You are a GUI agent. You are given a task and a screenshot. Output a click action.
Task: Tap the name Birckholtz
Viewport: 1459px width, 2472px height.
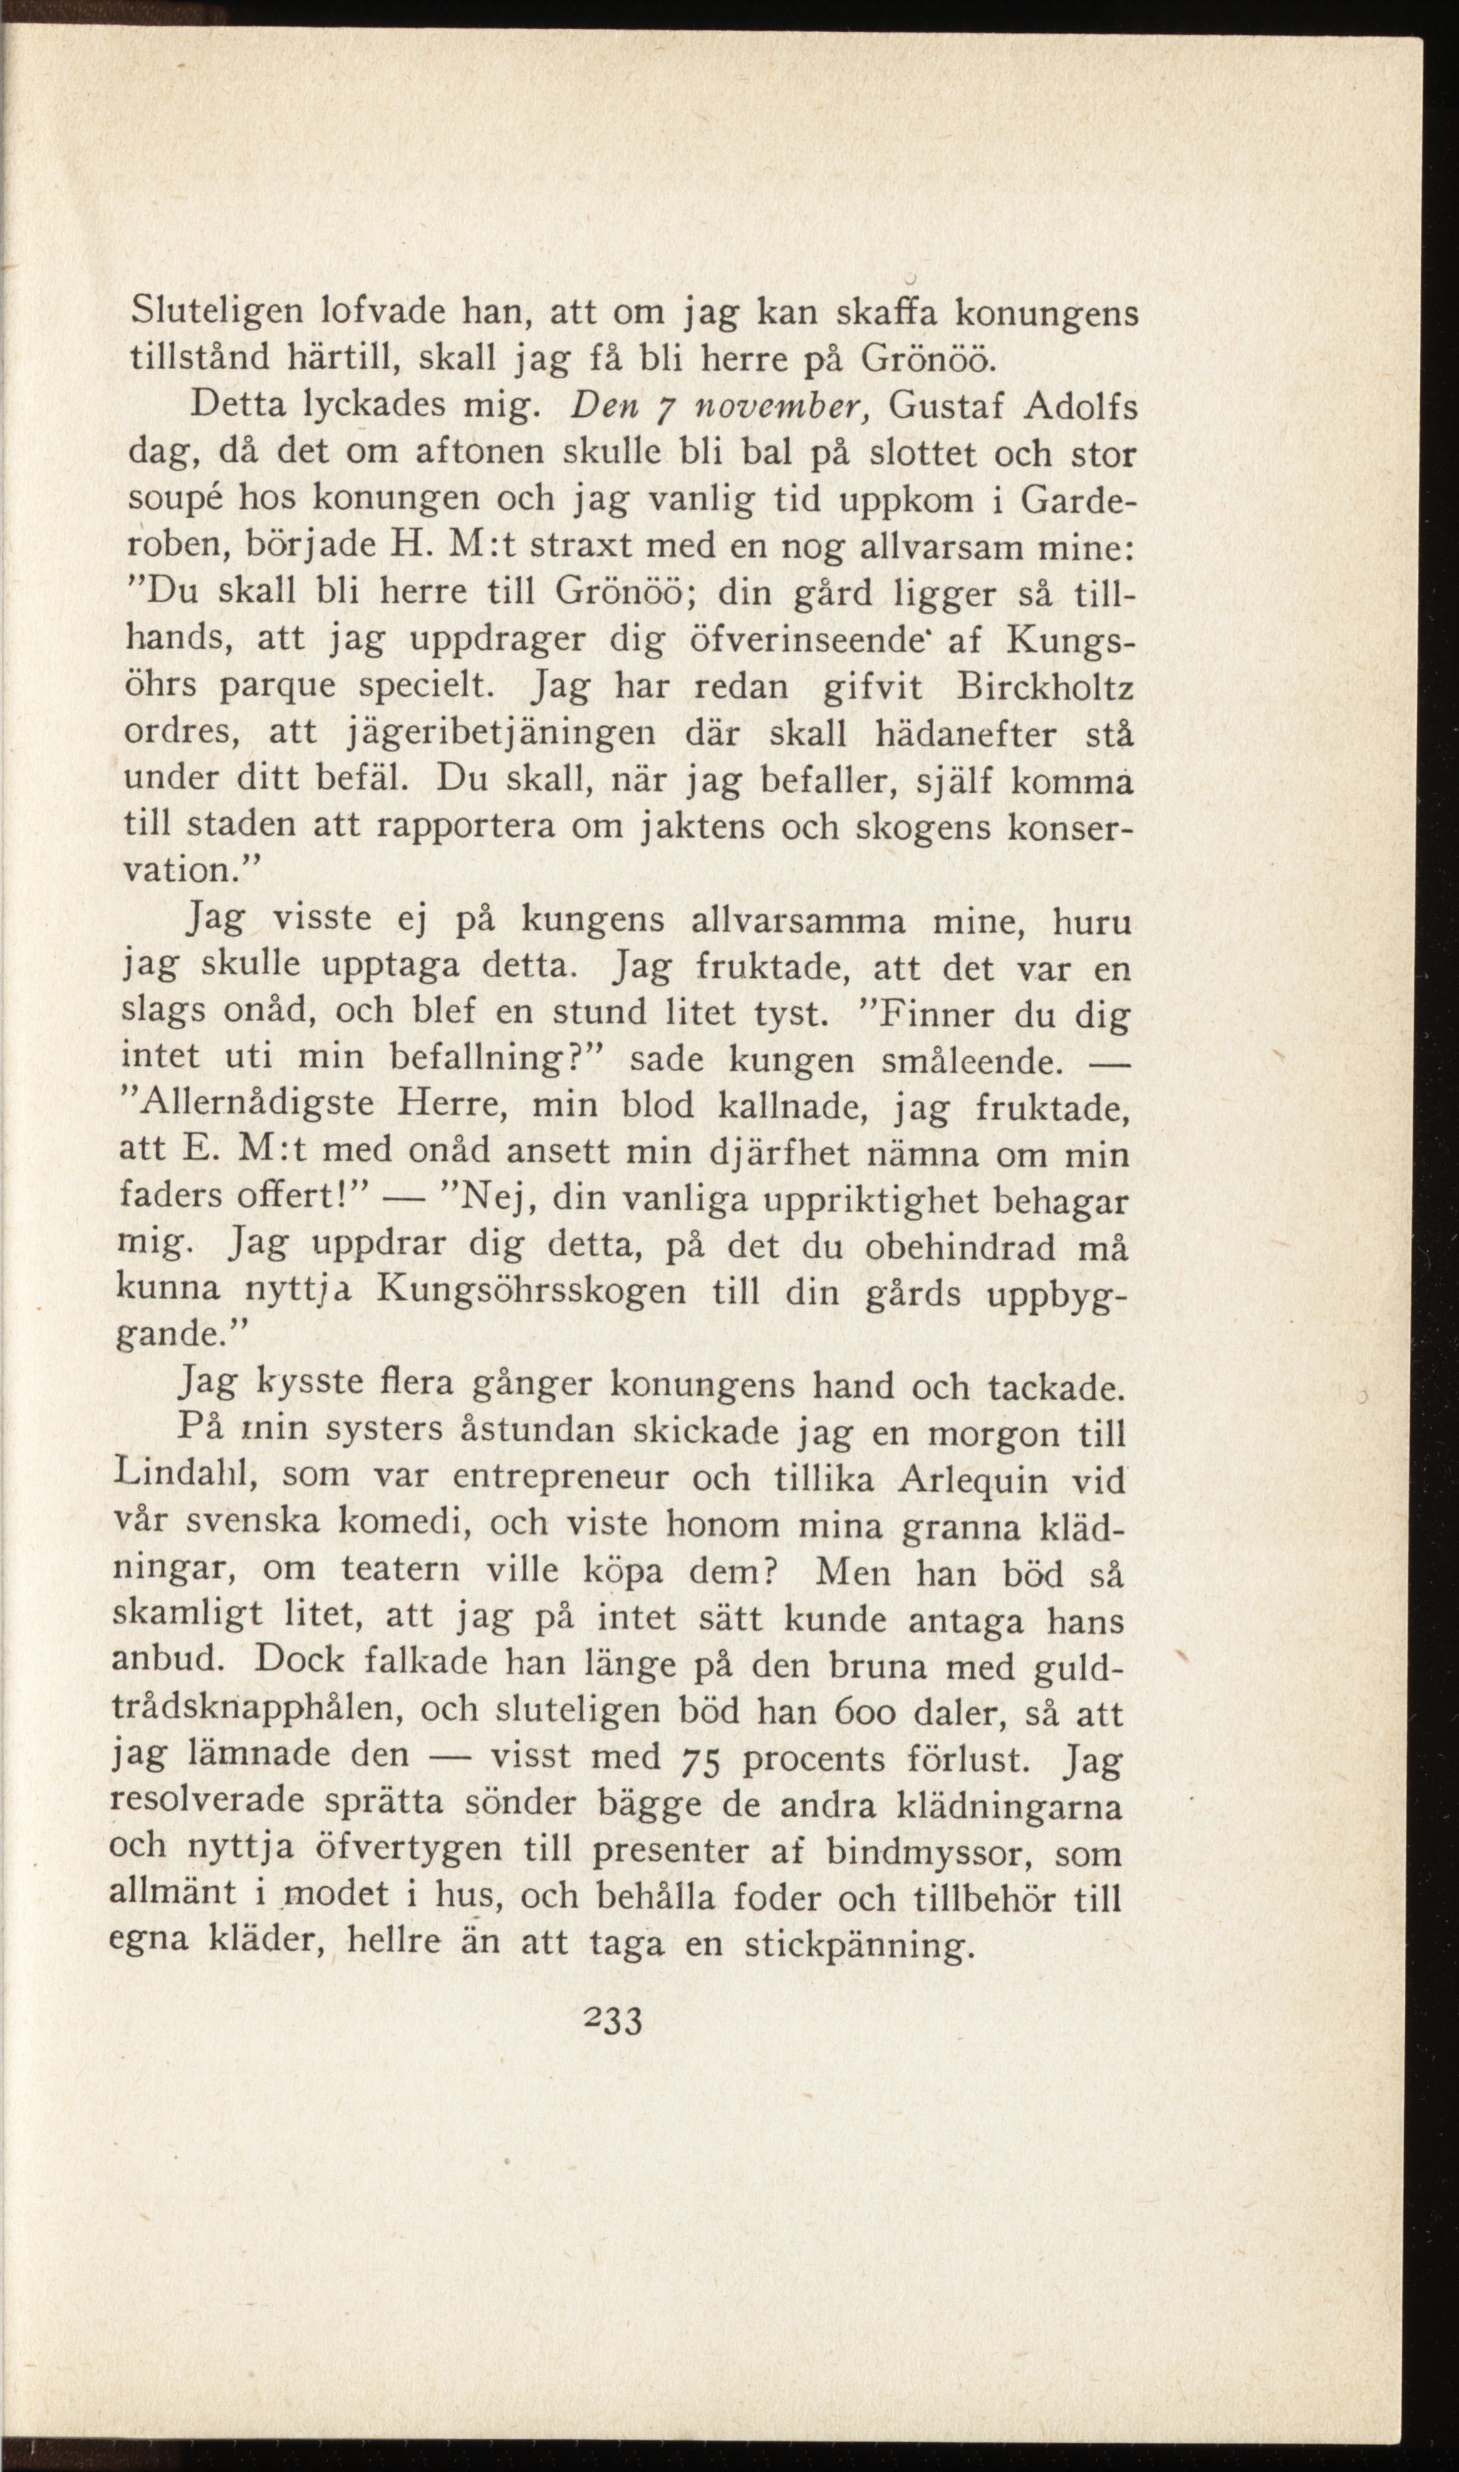click(x=1044, y=688)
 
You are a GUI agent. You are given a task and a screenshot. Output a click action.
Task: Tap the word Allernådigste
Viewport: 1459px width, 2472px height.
click(x=253, y=1106)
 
